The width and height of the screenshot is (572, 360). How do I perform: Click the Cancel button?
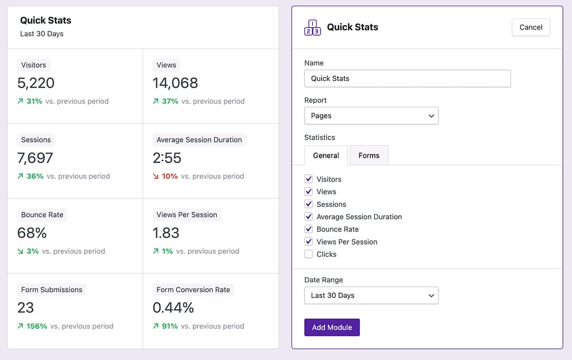[531, 27]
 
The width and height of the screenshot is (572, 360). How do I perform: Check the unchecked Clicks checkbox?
[308, 254]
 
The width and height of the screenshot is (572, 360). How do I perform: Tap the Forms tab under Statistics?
[369, 155]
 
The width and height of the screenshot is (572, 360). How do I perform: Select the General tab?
[326, 155]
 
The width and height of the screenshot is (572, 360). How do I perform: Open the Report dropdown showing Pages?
[371, 116]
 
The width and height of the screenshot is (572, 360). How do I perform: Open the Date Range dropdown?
[371, 295]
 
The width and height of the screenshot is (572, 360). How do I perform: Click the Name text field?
[407, 78]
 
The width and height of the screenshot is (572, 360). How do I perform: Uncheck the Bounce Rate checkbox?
[308, 229]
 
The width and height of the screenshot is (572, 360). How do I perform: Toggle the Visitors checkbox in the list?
[308, 179]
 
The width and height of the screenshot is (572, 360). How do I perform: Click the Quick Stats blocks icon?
[312, 27]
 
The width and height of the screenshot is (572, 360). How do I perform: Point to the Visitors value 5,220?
[36, 83]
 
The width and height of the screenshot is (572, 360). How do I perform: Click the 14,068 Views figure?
[175, 83]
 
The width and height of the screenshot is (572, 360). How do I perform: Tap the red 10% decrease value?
[169, 176]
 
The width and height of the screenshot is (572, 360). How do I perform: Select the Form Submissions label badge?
[51, 290]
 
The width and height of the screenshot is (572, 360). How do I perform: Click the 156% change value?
[37, 326]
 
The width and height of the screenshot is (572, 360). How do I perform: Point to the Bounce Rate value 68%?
[32, 233]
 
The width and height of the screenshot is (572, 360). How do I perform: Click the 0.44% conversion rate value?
[173, 308]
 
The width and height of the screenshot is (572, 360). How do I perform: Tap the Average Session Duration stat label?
[199, 140]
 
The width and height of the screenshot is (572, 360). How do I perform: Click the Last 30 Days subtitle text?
[42, 34]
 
